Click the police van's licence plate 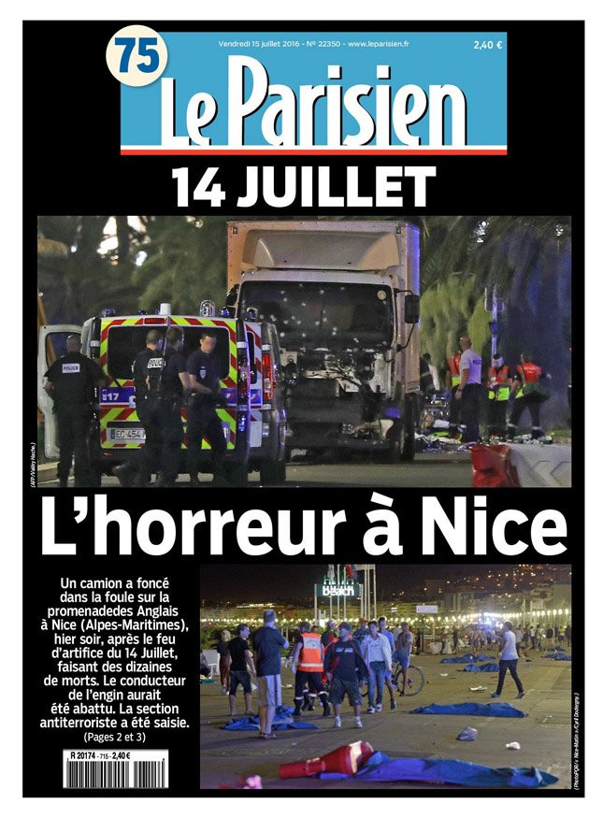[x=126, y=434]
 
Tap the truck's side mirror [x=410, y=309]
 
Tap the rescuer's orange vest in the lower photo [x=309, y=652]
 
